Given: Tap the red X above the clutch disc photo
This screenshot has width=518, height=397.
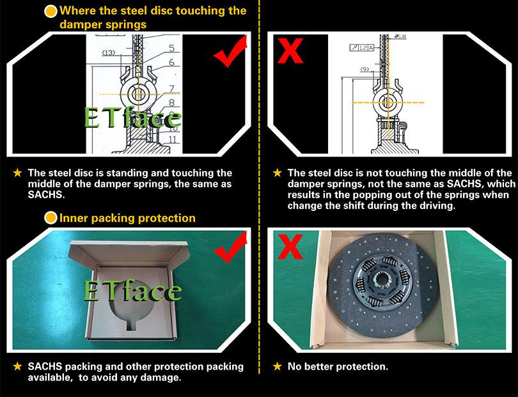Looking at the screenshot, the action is click(x=290, y=246).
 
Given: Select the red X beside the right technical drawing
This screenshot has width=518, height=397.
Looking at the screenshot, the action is click(x=290, y=51).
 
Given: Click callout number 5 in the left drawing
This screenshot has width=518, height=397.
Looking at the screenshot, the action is click(x=171, y=48).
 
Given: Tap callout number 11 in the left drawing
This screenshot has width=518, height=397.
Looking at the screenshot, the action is click(x=173, y=139).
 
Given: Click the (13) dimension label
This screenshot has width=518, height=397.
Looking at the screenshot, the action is click(x=108, y=52).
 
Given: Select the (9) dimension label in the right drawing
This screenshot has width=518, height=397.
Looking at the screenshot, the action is click(x=365, y=69).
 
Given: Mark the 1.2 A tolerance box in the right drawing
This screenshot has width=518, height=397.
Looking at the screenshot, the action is click(x=361, y=47).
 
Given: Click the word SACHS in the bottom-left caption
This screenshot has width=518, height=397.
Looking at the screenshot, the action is click(x=45, y=366).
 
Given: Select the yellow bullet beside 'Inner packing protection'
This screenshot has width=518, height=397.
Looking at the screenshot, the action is click(x=51, y=218).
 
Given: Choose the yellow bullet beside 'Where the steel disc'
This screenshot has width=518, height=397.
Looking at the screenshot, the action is click(x=51, y=12).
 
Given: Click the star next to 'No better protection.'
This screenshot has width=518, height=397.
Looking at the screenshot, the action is click(x=277, y=366).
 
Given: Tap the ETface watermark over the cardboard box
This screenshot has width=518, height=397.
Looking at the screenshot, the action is click(x=133, y=291).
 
